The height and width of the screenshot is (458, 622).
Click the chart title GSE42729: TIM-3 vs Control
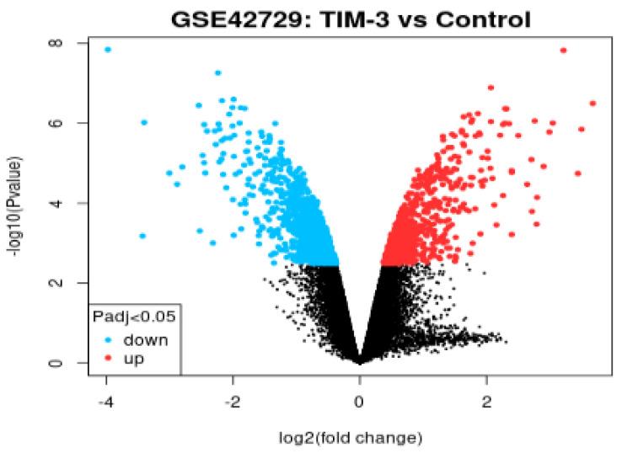coord(346,16)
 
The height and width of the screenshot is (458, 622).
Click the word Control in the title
coord(475,16)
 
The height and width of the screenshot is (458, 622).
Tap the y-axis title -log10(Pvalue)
coord(18,201)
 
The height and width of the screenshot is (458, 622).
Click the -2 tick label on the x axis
coord(233,402)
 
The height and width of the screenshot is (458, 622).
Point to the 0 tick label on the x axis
coord(360,402)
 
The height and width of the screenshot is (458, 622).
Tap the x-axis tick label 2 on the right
coord(486,402)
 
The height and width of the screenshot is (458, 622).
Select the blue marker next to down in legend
coord(109,340)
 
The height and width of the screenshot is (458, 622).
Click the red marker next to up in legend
coord(109,359)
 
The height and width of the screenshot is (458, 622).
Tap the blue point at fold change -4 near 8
coord(108,50)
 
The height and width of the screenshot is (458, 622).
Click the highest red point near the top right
coord(563,51)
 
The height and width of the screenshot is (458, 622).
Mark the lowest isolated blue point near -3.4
coord(142,236)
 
